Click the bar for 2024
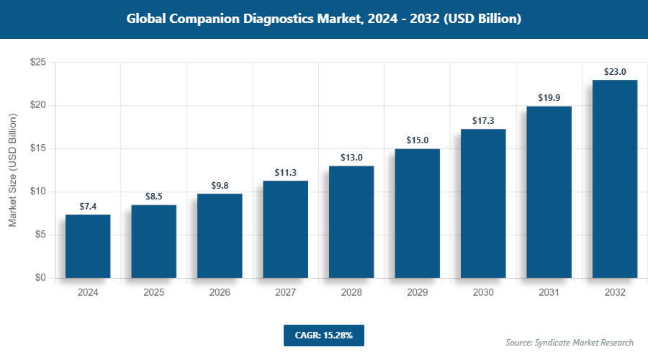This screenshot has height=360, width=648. point(88,246)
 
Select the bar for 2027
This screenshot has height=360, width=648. point(285,229)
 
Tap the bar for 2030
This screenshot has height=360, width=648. point(483,203)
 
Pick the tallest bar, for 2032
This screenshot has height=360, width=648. point(615,179)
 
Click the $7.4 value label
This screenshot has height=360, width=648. point(88,207)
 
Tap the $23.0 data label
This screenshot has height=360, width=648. point(615,71)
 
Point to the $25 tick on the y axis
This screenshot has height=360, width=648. point(38,63)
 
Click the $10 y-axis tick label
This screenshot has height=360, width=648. point(38,192)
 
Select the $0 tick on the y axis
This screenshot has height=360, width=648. point(41,278)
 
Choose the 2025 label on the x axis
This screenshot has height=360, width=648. point(153,293)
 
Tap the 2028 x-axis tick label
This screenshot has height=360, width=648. point(351,293)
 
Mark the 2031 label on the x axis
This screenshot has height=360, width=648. point(549,293)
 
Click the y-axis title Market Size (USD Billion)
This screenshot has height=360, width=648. point(13,171)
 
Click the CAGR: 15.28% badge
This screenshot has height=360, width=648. point(323,335)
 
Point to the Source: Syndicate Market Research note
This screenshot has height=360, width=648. point(570,343)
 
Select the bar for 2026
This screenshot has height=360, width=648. point(220,235)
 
